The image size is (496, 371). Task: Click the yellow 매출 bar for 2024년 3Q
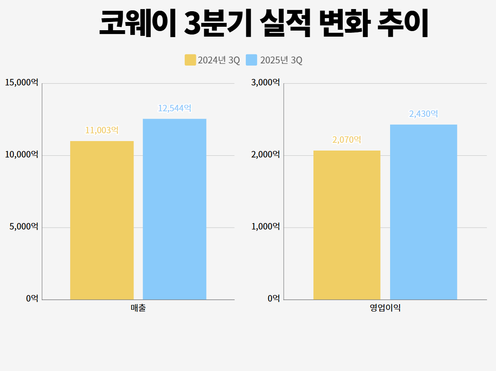(102, 220)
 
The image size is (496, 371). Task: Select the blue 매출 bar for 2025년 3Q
(174, 209)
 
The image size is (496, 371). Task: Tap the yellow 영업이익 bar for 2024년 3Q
(347, 225)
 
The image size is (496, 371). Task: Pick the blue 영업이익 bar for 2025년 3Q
(423, 212)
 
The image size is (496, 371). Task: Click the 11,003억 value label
(102, 130)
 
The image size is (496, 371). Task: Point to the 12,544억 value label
(174, 108)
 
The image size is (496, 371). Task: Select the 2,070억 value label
(347, 140)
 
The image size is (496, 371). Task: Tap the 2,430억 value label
(423, 114)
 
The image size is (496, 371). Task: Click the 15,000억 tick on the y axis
(22, 82)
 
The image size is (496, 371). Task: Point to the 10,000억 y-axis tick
(22, 154)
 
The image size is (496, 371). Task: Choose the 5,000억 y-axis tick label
(24, 226)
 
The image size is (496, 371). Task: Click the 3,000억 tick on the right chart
(265, 82)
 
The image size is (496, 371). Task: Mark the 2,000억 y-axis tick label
(265, 154)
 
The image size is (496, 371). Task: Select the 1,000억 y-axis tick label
(265, 226)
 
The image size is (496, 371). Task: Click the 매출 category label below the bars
(138, 308)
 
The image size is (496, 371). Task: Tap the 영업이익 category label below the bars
(385, 308)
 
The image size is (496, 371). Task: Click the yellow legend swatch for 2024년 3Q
(190, 60)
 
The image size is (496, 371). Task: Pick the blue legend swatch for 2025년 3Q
(251, 60)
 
